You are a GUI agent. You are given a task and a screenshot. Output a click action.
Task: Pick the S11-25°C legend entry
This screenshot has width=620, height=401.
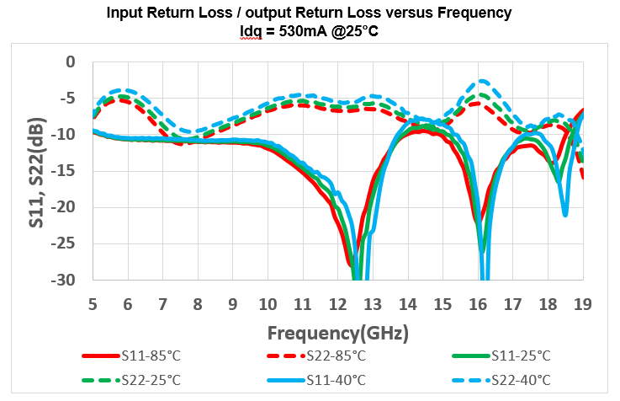pos(514,356)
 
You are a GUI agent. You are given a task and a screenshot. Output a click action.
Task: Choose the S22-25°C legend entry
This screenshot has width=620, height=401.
pos(151,380)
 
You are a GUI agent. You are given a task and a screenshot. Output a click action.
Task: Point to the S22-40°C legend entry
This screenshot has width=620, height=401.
pos(514,380)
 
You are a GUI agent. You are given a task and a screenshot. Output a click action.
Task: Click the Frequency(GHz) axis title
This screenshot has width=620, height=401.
pos(338,331)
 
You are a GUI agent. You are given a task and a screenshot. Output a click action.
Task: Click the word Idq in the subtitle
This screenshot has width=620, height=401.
pos(251,31)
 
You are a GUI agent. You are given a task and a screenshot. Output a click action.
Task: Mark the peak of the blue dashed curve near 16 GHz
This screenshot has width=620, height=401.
pos(482,81)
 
